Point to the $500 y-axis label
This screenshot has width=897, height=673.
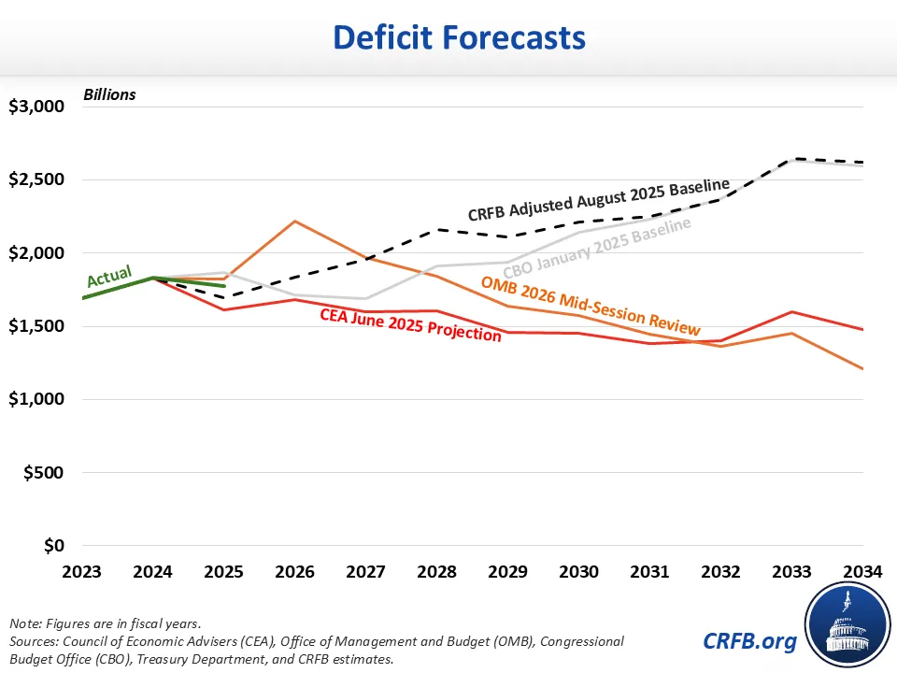pyautogui.click(x=43, y=472)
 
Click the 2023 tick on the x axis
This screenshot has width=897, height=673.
pyautogui.click(x=83, y=570)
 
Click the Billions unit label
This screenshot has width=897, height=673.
pyautogui.click(x=109, y=94)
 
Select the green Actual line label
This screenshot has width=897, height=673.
pyautogui.click(x=109, y=277)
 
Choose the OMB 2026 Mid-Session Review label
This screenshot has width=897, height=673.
pyautogui.click(x=591, y=306)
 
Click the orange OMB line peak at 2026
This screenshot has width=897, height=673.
pyautogui.click(x=294, y=222)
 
